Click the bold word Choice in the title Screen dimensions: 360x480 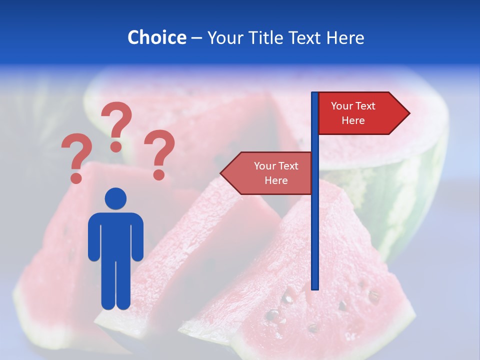[x=156, y=37]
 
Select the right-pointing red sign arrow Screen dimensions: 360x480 [x=362, y=113]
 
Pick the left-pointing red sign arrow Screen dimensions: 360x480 [x=267, y=173]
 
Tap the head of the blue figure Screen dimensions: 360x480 [x=116, y=198]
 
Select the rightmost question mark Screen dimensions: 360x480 [x=159, y=152]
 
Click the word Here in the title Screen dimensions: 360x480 [x=345, y=37]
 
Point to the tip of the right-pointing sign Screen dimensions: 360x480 [x=408, y=113]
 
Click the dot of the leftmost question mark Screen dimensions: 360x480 [x=76, y=177]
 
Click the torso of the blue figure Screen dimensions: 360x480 [x=116, y=235]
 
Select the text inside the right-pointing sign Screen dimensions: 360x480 [x=353, y=113]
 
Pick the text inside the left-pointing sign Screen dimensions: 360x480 [x=276, y=173]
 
